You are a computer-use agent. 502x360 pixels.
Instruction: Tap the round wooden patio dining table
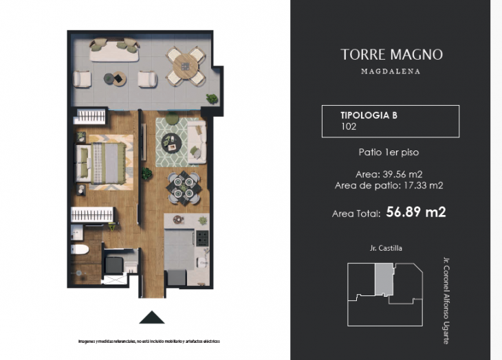[185, 65]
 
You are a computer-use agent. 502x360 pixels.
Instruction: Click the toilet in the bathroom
[80, 250]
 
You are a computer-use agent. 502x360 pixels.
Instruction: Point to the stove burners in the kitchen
[202, 239]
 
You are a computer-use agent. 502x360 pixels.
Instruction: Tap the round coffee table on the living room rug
[171, 142]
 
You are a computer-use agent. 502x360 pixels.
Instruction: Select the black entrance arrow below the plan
[152, 317]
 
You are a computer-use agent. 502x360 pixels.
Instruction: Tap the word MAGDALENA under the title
[390, 71]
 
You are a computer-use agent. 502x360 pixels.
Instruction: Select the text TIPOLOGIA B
[369, 115]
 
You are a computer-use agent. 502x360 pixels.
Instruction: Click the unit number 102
[349, 127]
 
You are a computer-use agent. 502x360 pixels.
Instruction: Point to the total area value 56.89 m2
[415, 212]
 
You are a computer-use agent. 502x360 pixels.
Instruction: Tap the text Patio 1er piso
[389, 152]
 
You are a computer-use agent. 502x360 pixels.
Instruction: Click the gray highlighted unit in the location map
[382, 280]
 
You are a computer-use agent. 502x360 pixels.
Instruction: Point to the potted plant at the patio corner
[212, 99]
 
